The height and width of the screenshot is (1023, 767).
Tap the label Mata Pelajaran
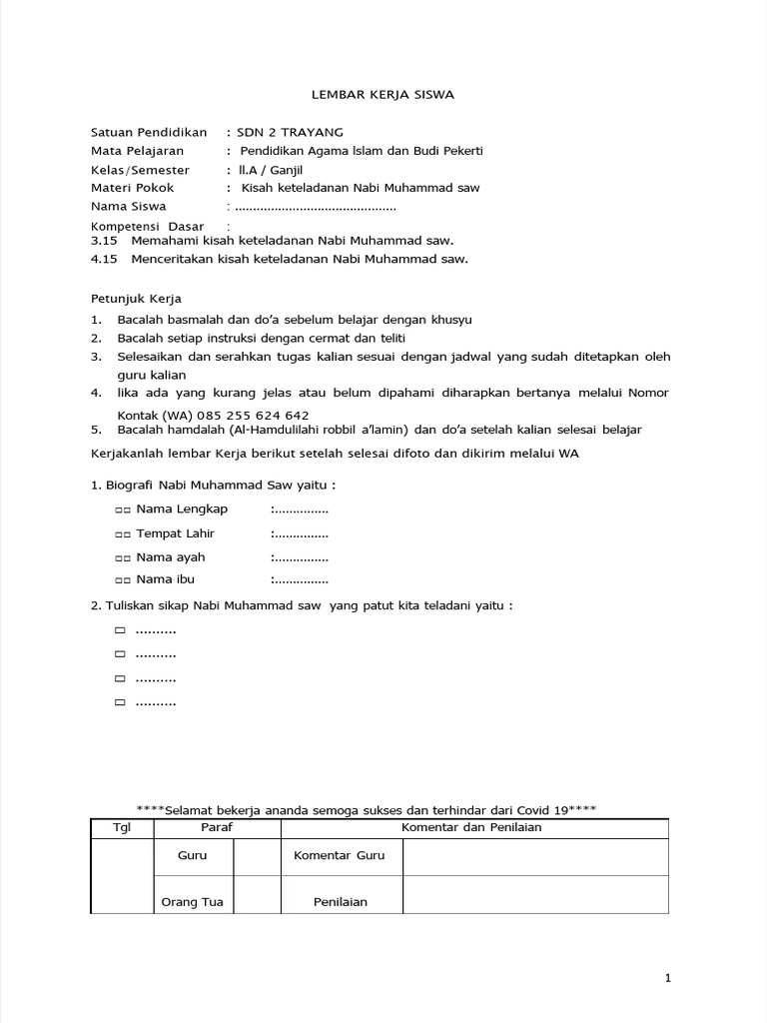point(138,151)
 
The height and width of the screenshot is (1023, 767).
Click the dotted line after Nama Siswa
point(315,207)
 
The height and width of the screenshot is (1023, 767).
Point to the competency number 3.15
point(104,241)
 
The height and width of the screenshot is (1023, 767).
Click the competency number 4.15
point(104,259)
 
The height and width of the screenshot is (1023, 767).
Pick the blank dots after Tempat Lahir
point(301,533)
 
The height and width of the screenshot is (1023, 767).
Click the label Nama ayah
point(171,556)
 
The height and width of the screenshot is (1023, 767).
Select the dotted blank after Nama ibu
point(301,579)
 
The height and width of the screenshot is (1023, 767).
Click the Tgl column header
point(122,827)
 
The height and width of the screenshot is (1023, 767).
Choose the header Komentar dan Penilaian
point(473,827)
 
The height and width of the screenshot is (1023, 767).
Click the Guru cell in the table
point(192,856)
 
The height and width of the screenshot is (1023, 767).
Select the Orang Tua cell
point(192,902)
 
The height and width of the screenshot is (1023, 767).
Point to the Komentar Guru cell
point(339,856)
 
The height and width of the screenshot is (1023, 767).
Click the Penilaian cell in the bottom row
point(340,902)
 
